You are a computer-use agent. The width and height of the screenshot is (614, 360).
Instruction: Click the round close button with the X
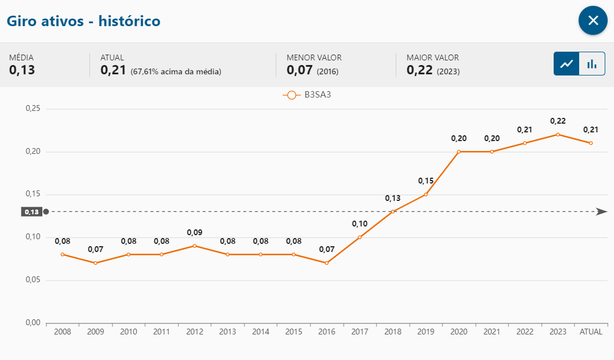[x=593, y=21]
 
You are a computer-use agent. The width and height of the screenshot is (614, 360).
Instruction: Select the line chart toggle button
[x=566, y=64]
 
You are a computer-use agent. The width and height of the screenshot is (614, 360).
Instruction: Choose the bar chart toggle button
[x=592, y=64]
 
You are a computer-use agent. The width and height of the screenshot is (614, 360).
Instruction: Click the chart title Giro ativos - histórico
[x=84, y=21]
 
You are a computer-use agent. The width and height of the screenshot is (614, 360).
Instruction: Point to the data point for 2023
[x=558, y=134]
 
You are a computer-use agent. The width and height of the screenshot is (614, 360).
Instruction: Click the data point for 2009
[x=95, y=263]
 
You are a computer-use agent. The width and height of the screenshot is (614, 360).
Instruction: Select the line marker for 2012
[x=194, y=246]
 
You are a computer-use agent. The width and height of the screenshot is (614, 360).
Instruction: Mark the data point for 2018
[x=393, y=211]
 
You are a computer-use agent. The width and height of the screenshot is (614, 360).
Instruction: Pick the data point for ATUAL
[x=591, y=143]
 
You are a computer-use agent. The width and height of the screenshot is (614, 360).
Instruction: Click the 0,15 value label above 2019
[x=426, y=181]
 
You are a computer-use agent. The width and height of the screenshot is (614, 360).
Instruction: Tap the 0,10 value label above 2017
[x=360, y=224]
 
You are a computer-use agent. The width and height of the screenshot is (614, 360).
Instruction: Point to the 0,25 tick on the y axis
[x=32, y=109]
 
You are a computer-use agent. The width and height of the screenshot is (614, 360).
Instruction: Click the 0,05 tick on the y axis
[x=32, y=280]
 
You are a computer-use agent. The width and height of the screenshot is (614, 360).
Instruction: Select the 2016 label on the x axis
[x=327, y=332]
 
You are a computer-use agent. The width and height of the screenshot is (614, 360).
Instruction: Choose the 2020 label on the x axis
[x=459, y=332]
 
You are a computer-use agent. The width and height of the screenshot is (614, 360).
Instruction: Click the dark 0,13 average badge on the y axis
[x=31, y=212]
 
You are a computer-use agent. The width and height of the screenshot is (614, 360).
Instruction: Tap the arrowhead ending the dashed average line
[x=602, y=212]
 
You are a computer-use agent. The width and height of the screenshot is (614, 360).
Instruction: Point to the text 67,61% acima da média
[x=176, y=71]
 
